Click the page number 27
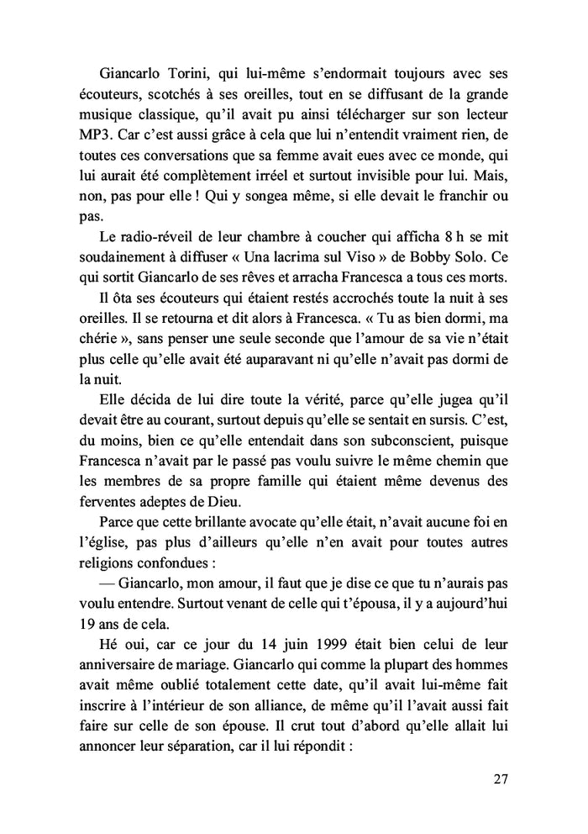tap(501, 779)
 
